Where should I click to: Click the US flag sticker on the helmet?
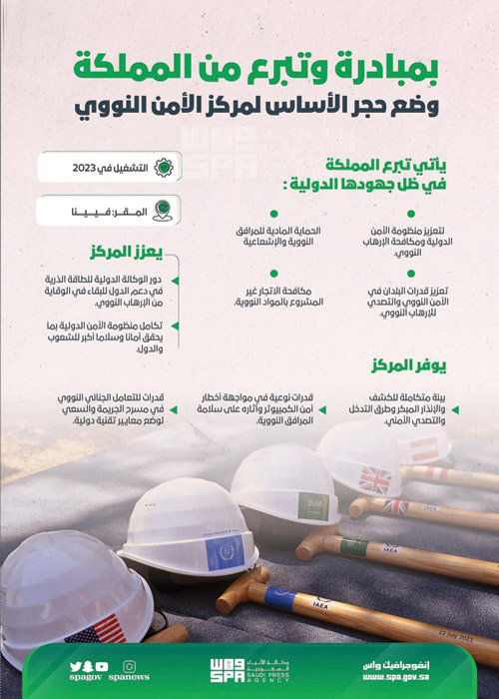[x=95, y=630]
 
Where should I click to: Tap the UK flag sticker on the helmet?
[x=375, y=479]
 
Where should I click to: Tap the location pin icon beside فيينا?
[x=164, y=212]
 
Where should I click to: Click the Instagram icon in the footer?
[x=128, y=666]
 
